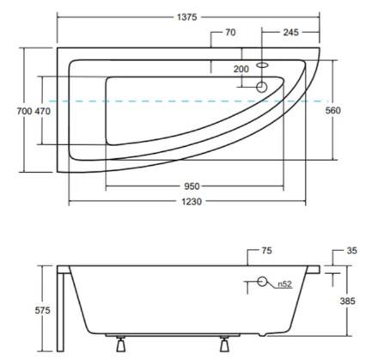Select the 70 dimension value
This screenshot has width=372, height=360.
pyautogui.click(x=229, y=34)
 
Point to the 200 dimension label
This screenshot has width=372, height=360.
pyautogui.click(x=241, y=69)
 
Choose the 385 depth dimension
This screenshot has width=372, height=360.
pyautogui.click(x=346, y=301)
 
